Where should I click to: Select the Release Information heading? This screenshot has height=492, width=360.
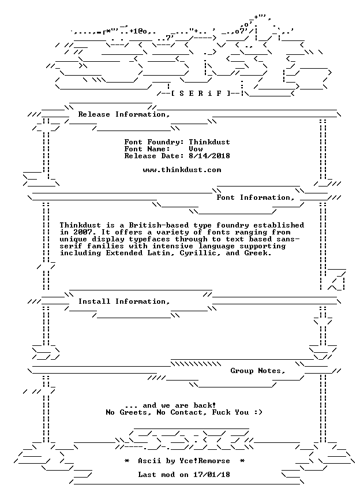124,114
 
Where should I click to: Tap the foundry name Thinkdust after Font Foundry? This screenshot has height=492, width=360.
209,142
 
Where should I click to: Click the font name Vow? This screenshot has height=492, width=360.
196,149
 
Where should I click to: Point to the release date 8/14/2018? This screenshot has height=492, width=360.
209,156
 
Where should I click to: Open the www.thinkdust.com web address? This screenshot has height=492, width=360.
182,170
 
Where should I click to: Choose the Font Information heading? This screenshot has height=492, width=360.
255,197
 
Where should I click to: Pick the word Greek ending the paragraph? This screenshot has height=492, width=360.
257,253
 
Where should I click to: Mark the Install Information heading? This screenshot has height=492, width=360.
124,301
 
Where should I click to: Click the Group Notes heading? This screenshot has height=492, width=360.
257,371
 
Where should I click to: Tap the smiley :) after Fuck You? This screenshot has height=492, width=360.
257,412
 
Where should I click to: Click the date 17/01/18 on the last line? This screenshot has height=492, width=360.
211,475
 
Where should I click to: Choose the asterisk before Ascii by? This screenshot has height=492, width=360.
127,461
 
